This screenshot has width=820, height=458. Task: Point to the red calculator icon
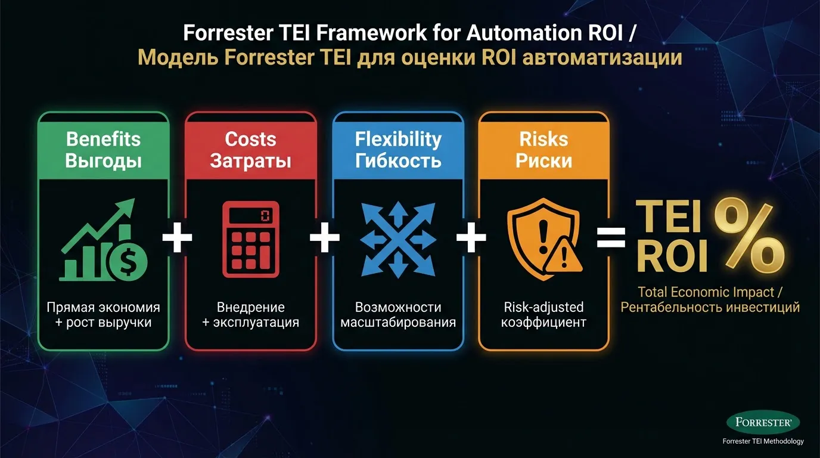pos(250,239)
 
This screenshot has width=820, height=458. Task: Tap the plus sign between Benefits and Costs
pos(178,239)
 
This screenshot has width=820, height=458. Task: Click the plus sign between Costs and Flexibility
pos(324,239)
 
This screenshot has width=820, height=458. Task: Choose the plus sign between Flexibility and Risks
pos(471,239)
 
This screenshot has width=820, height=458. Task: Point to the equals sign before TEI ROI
pos(611,239)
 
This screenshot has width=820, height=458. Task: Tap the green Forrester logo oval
pos(763,422)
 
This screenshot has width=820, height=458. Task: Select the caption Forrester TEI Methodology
pos(763,441)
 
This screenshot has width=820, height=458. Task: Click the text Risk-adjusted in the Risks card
pos(543,307)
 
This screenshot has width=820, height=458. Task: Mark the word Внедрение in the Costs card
pos(250,307)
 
